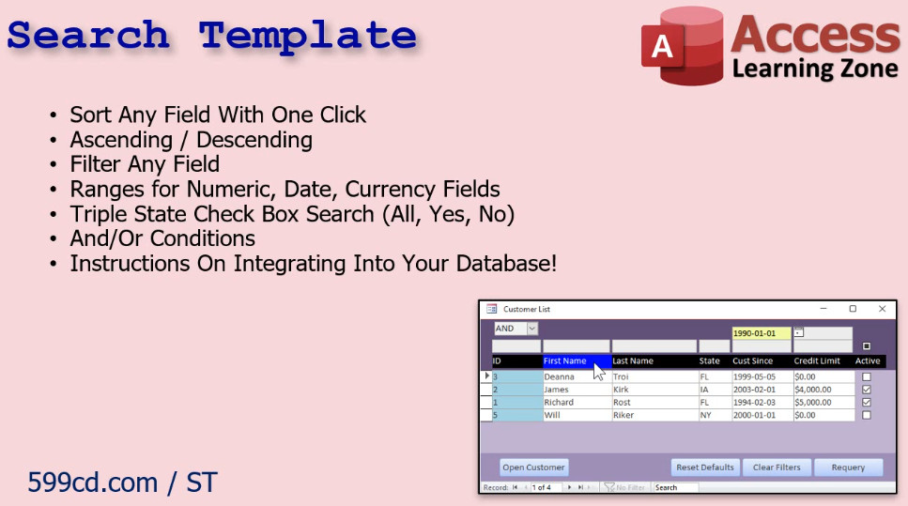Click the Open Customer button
533,468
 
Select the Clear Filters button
777,468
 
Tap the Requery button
848,468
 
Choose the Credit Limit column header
817,360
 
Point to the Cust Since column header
753,360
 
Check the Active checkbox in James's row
867,390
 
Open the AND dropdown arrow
532,329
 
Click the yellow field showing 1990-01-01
761,333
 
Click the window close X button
882,309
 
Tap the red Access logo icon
682,46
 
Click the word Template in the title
308,36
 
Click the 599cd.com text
93,483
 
